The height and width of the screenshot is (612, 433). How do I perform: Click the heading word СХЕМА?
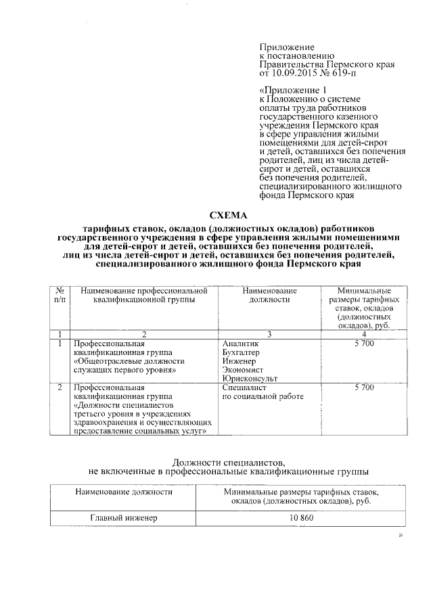229,216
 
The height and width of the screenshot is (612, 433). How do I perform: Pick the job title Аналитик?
239,344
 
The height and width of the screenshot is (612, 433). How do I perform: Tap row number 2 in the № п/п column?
60,388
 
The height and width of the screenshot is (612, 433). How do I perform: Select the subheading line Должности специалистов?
229,461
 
